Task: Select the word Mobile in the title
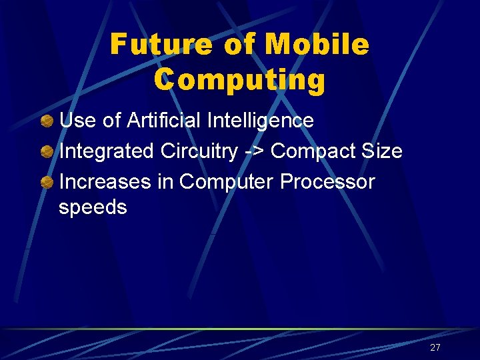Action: [317, 45]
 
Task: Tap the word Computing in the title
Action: [239, 80]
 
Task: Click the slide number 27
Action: [435, 347]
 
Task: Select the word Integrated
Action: [107, 151]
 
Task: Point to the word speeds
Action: [93, 207]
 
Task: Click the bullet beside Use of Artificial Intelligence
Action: [47, 121]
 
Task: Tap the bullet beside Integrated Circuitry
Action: [47, 151]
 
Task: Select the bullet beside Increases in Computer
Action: [47, 181]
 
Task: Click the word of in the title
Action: [239, 45]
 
